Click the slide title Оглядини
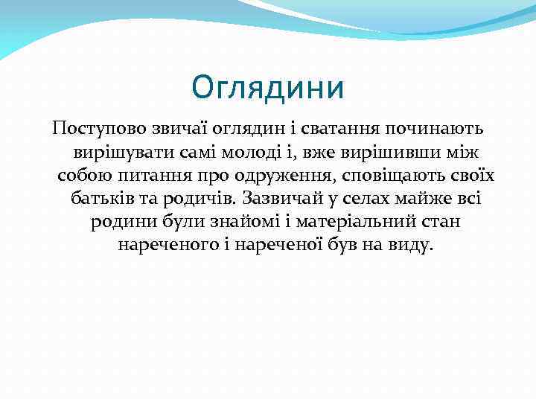[268, 87]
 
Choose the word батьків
[101, 198]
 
